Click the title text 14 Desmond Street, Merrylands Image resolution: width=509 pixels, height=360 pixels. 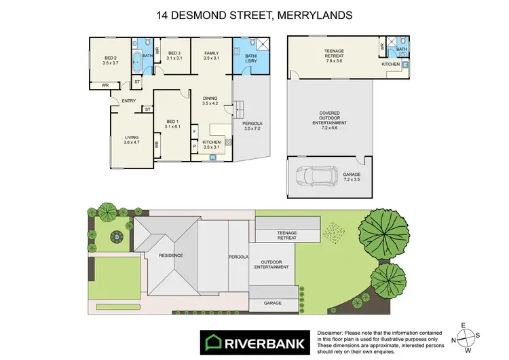coord(254,14)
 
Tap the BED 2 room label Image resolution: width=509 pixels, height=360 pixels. coord(111,59)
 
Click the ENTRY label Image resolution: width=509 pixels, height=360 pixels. coord(129,101)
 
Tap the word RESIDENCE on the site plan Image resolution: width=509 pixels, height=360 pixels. coord(170,255)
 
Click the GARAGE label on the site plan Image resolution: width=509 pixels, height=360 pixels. coord(273,303)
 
